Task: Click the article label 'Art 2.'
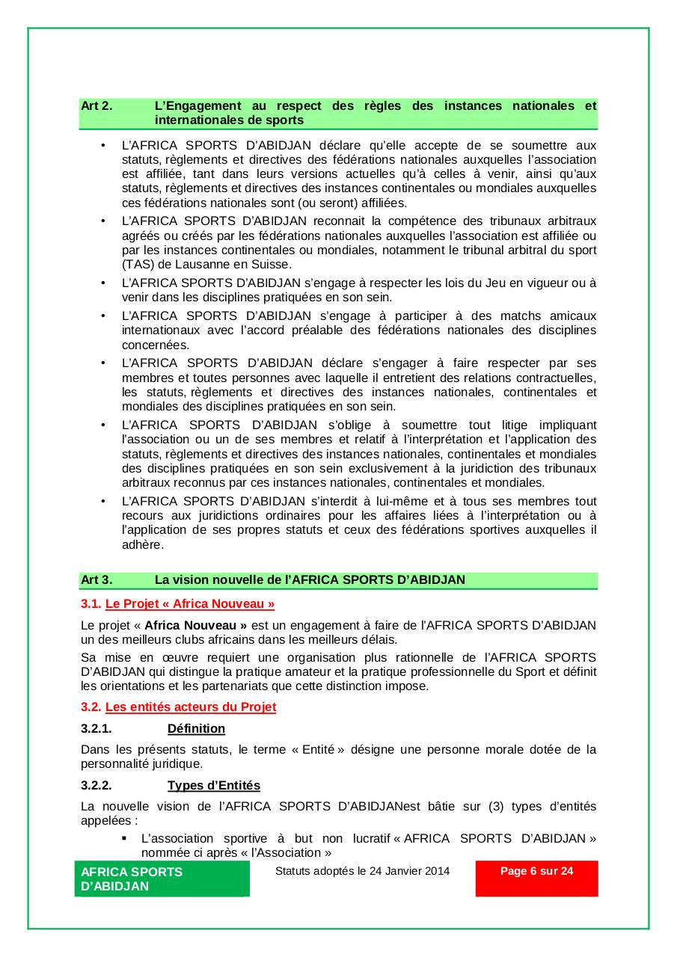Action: tap(97, 105)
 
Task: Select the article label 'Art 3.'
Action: tap(97, 579)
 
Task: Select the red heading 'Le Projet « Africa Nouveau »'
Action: tap(190, 603)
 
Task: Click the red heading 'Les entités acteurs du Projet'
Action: tap(191, 707)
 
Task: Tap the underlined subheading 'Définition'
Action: tap(196, 728)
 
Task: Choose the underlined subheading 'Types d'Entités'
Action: tap(214, 785)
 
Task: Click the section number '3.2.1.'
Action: tap(97, 728)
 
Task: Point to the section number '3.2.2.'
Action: tap(97, 785)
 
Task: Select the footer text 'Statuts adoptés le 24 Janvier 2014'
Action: tap(363, 871)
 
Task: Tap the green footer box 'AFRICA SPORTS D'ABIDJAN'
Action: tap(162, 878)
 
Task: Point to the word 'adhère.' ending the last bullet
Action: tap(142, 545)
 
